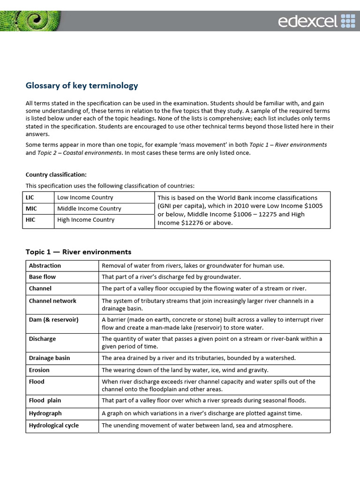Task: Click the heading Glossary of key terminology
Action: click(82, 85)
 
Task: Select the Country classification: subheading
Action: click(56, 174)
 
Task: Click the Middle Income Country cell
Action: click(89, 209)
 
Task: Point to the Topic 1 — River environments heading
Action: click(78, 252)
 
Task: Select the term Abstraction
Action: click(45, 266)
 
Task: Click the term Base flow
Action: click(42, 277)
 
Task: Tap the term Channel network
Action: click(52, 301)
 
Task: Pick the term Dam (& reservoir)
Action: click(53, 320)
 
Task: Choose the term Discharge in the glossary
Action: click(42, 339)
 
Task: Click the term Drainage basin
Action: click(49, 358)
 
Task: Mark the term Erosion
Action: click(39, 370)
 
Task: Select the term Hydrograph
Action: click(45, 413)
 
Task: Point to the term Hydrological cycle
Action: click(54, 426)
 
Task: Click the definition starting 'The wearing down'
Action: click(185, 370)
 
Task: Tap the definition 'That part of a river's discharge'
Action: click(171, 277)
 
